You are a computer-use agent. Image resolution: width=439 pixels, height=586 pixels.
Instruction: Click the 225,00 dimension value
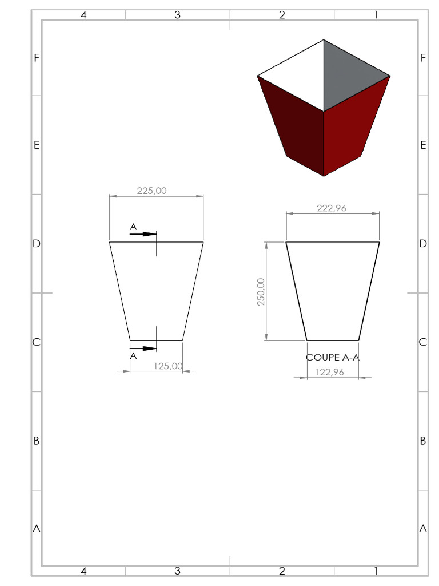point(152,191)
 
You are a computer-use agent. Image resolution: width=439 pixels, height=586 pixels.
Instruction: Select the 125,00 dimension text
point(168,366)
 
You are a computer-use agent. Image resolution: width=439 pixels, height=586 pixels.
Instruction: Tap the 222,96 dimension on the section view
point(332,208)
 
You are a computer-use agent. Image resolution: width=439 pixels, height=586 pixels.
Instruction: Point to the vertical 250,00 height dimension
point(261,292)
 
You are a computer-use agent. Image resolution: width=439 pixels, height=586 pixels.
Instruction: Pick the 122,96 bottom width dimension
point(329,372)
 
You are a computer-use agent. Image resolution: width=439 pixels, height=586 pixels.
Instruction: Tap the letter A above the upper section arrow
point(133,227)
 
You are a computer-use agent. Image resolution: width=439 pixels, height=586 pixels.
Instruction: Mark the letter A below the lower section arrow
point(133,355)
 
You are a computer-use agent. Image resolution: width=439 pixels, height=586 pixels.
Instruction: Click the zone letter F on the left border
point(37,58)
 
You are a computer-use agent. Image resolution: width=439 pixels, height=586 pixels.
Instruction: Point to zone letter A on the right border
point(423,529)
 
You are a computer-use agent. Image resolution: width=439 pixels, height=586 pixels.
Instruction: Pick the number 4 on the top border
point(83,15)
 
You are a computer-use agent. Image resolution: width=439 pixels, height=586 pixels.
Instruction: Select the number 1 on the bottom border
point(376,571)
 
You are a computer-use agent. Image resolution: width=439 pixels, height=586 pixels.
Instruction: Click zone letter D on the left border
point(37,244)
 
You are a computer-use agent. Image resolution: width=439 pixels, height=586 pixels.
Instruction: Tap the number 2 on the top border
point(282,15)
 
